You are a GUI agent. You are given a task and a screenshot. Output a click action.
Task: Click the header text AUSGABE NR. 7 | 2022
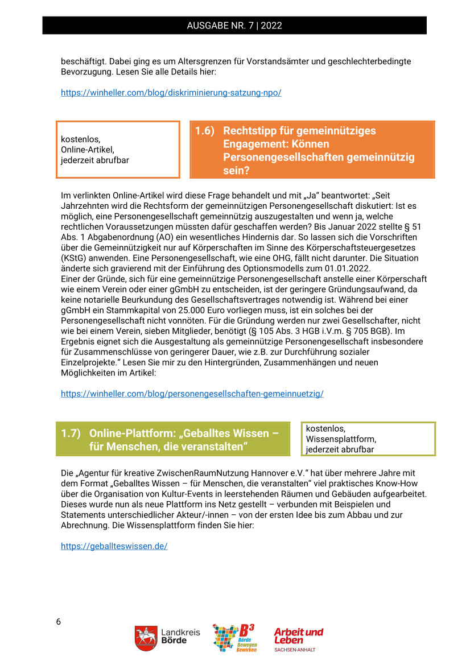pyautogui.click(x=234, y=26)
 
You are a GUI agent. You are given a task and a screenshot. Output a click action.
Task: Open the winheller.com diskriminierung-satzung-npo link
pyautogui.click(x=171, y=92)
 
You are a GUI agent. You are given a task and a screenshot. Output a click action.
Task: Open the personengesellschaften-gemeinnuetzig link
pyautogui.click(x=192, y=393)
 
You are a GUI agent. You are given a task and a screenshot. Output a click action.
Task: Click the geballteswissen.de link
pyautogui.click(x=114, y=546)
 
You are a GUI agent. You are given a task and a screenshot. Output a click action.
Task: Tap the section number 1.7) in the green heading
pyautogui.click(x=71, y=433)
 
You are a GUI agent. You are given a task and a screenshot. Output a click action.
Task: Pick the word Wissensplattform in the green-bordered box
pyautogui.click(x=341, y=439)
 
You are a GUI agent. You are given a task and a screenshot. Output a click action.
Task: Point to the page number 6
pyautogui.click(x=58, y=621)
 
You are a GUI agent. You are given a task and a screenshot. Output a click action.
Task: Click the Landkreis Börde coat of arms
pyautogui.click(x=145, y=638)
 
